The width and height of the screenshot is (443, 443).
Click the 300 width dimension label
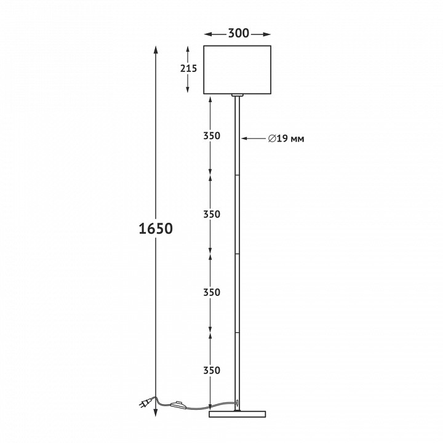pos(239,33)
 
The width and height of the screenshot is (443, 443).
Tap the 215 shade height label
pos(188,68)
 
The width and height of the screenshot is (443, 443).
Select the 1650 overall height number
pos(156,228)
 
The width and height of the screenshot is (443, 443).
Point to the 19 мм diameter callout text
pos(290,138)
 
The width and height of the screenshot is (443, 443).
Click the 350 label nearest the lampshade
pos(212,136)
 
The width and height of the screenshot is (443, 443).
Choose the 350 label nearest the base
pos(212,370)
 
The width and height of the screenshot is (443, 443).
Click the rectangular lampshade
pos(237,70)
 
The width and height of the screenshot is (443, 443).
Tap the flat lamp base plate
pos(237,414)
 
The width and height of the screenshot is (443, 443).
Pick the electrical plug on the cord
pos(144,404)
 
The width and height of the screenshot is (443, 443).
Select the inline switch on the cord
pos(178,404)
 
